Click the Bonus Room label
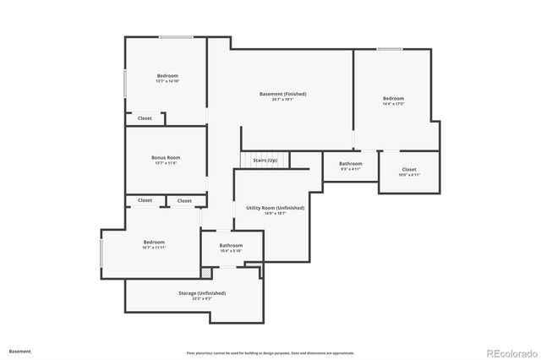click(166, 157)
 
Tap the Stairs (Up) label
click(265, 160)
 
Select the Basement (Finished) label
click(282, 93)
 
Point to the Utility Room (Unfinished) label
click(276, 207)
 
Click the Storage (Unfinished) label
click(201, 292)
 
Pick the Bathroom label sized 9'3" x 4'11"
click(351, 163)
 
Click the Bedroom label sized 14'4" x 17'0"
click(394, 98)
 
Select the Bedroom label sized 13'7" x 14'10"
click(167, 76)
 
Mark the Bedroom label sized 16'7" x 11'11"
click(154, 242)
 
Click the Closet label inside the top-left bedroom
click(145, 118)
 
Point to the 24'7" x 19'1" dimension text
click(282, 99)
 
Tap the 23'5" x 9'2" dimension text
click(201, 298)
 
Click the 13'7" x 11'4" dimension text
click(166, 163)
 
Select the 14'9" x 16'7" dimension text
click(276, 213)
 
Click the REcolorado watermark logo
click(509, 352)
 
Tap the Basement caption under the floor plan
click(20, 351)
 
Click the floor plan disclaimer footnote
click(270, 352)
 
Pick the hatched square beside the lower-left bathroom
click(205, 272)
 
